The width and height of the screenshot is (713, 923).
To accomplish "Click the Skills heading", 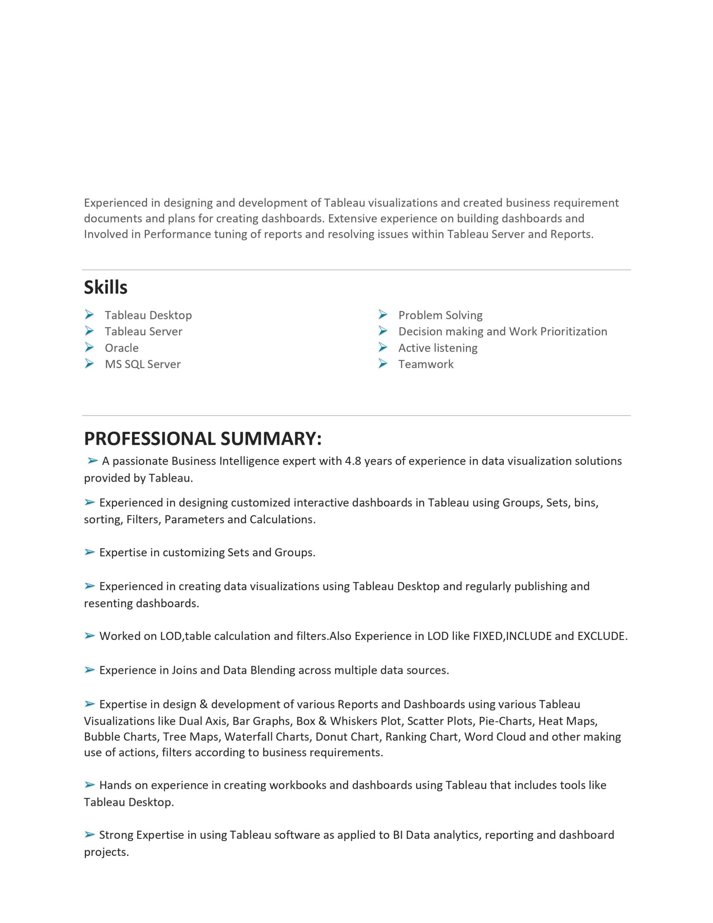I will coord(105,287).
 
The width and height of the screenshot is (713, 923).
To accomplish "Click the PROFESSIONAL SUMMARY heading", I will coord(203,438).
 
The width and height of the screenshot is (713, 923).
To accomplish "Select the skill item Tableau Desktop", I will coord(148,315).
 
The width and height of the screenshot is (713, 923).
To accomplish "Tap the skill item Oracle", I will coord(121,348).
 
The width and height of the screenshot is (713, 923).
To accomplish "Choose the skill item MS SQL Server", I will coord(142,364).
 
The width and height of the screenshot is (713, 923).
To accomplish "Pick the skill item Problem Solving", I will coord(440,315).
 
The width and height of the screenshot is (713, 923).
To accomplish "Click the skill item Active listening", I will coord(438,348).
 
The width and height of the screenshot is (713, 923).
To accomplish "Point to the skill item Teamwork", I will coord(426,364).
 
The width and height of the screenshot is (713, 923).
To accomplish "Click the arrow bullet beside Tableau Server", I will coord(89,331).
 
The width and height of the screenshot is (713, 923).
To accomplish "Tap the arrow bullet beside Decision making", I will coord(383,331).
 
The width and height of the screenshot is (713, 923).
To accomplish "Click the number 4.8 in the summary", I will coord(353,461).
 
